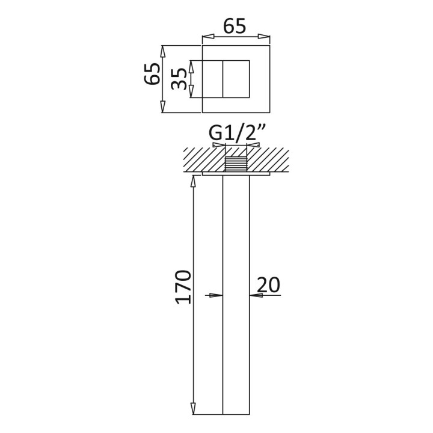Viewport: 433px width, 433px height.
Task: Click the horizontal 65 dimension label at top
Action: click(235, 26)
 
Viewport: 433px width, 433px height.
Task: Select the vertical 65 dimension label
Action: click(152, 73)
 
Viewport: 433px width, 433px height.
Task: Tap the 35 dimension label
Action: click(179, 79)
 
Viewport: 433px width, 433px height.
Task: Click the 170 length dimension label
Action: click(183, 287)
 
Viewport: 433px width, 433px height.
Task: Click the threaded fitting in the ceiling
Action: click(236, 164)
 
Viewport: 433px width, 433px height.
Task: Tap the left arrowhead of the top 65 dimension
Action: click(208, 37)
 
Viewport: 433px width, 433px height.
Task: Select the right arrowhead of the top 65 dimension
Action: click(264, 37)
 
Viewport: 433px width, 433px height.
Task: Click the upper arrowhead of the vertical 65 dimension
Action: click(162, 51)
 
